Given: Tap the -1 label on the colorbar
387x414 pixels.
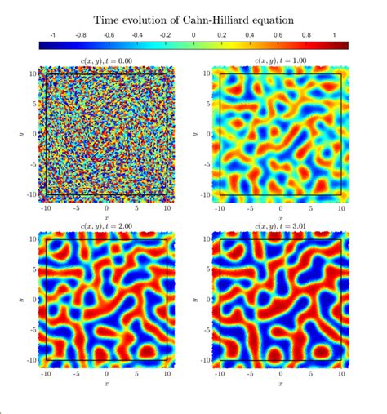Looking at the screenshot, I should click(53, 35).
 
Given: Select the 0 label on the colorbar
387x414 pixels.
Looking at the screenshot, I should click(193, 35).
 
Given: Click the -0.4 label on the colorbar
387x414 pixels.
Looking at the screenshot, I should click(136, 35).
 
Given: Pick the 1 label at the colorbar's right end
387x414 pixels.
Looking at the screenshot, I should click(335, 35).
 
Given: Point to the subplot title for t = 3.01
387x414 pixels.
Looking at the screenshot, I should click(282, 225).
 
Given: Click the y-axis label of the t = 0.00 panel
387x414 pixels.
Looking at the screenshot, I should click(18, 134).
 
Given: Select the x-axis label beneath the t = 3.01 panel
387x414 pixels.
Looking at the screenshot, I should click(282, 382).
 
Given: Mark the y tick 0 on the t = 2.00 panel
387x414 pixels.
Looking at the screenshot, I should click(33, 300).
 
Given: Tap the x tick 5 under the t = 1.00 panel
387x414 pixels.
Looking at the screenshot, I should click(311, 207).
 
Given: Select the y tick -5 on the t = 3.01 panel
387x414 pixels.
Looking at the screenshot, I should click(207, 330).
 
